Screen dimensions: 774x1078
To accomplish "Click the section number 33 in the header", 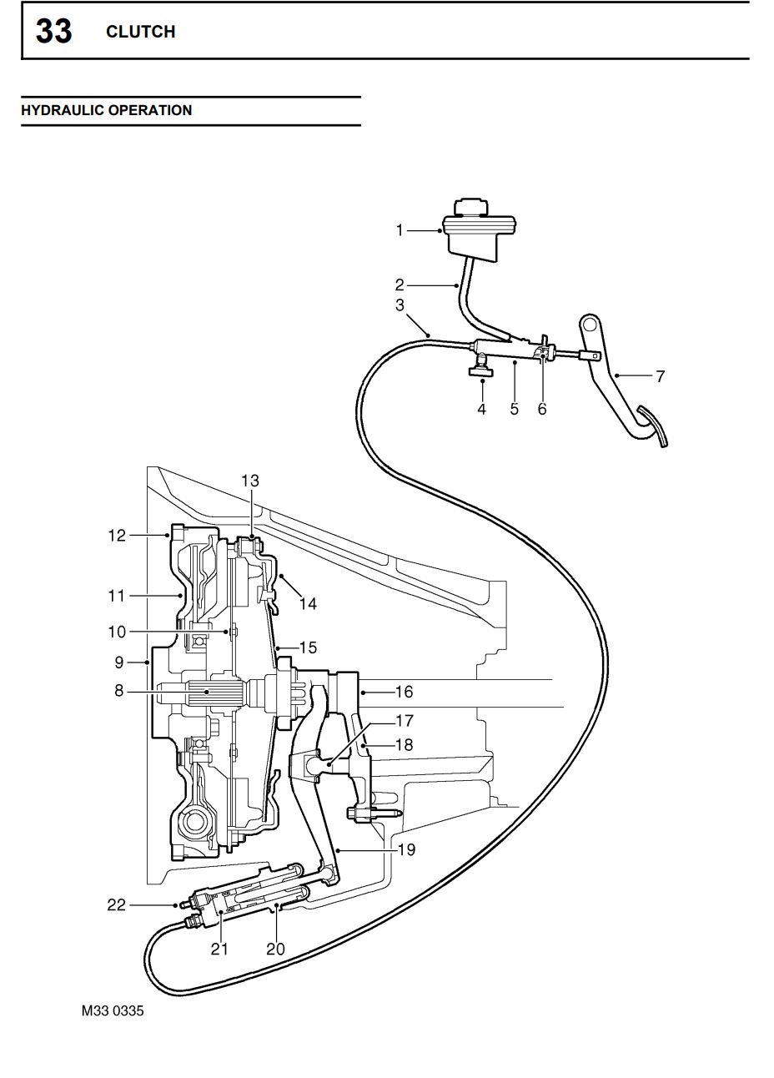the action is [x=54, y=32].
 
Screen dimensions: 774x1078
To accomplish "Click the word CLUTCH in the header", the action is [x=140, y=32].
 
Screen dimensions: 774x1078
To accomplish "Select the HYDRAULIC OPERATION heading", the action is [x=106, y=110].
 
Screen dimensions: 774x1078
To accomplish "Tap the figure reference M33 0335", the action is [x=113, y=1010].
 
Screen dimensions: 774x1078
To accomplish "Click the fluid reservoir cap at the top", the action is [x=471, y=207].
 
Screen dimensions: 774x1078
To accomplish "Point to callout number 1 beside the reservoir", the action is [x=400, y=230].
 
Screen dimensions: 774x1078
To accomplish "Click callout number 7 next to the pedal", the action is [x=661, y=376].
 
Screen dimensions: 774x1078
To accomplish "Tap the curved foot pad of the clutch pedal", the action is [x=653, y=426].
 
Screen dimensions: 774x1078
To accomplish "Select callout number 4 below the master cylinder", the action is [x=481, y=409].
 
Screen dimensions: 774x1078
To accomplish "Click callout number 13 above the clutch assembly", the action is [x=250, y=481].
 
